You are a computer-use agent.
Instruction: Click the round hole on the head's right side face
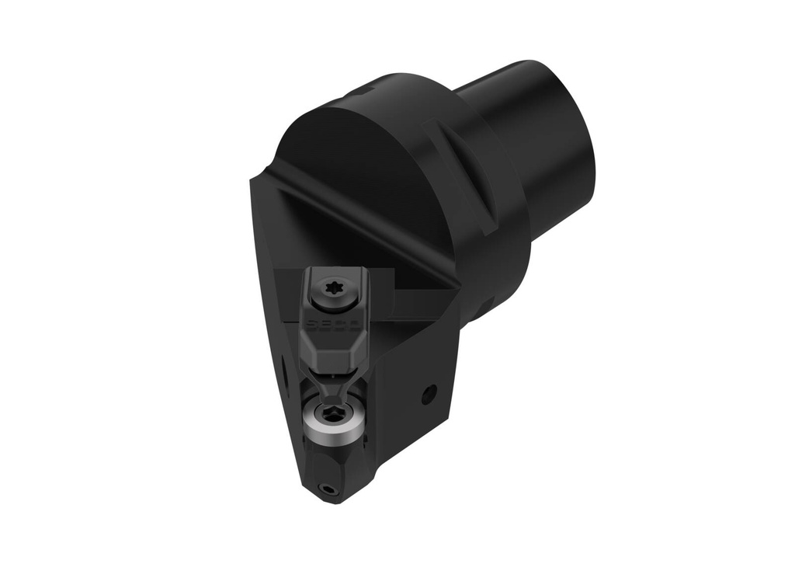tap(426, 397)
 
